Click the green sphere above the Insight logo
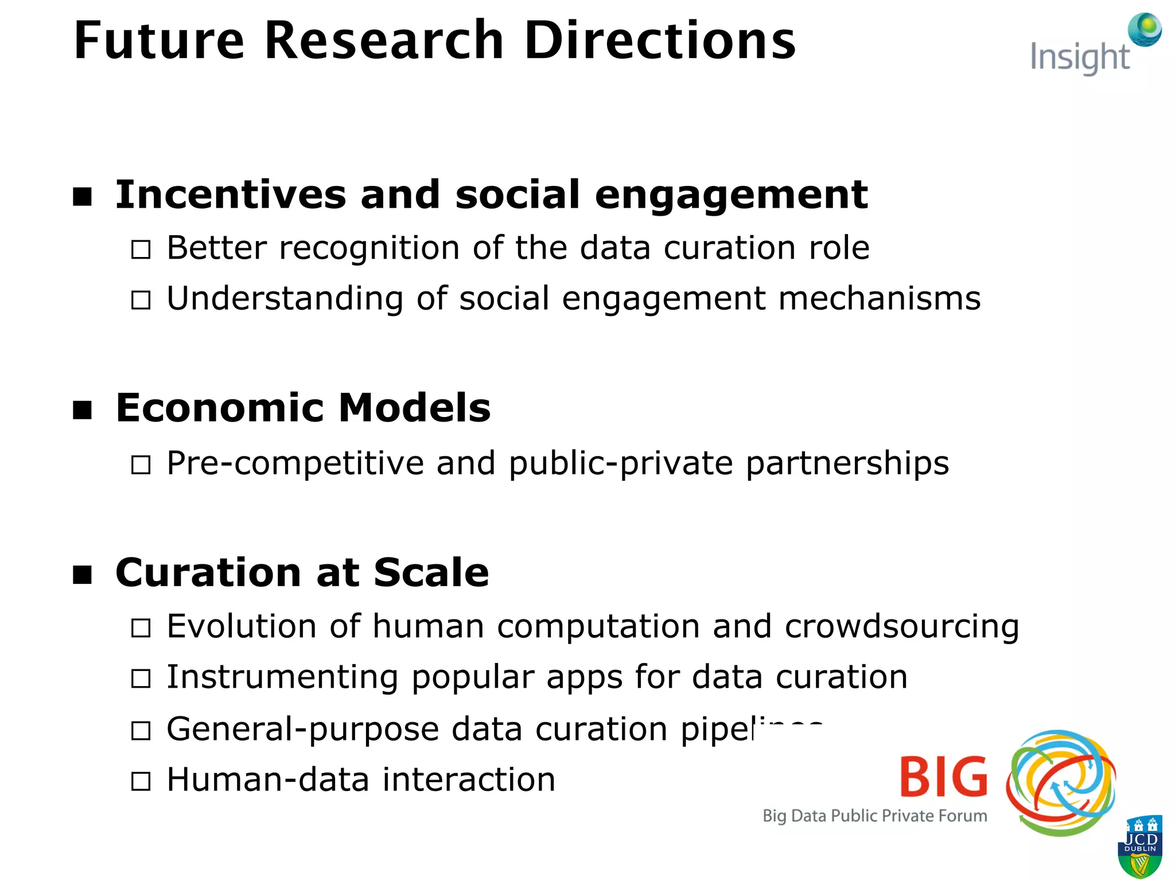tap(1145, 29)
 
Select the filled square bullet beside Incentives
tap(83, 196)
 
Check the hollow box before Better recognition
tap(141, 250)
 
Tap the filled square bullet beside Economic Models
tap(83, 410)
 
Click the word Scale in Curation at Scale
tap(431, 573)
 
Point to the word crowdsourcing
tap(901, 626)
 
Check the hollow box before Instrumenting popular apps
tap(141, 679)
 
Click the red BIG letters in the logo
tap(943, 777)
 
